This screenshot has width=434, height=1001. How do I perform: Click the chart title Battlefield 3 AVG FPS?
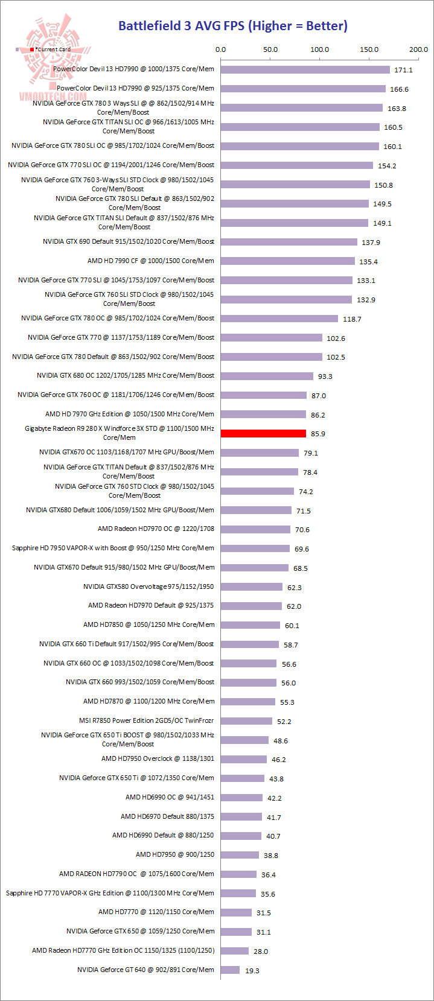point(232,26)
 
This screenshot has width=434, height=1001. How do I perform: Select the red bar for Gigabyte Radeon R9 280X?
point(263,433)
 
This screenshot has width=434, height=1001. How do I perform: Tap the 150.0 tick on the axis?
point(369,49)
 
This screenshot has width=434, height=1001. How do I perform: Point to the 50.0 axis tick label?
point(270,49)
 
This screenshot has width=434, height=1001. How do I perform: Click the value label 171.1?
point(403,70)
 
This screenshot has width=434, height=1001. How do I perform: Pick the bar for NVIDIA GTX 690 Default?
point(289,242)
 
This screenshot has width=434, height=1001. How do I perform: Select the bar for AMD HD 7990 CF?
point(288,261)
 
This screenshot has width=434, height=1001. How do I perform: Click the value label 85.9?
point(318,434)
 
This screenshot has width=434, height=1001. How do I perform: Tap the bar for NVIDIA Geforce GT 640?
point(230,970)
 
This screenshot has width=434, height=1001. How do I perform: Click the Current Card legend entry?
point(51,49)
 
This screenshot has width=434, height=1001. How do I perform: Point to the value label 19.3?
point(252,970)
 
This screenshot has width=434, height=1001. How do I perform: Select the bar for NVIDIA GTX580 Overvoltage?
point(252,586)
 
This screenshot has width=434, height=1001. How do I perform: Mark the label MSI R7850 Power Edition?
point(146,720)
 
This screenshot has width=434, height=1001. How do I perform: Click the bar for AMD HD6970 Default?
point(241,816)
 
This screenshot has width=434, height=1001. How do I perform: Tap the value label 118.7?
point(352,319)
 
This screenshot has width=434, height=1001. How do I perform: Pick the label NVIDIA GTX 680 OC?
point(126,375)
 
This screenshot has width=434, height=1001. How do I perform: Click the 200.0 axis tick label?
point(418,49)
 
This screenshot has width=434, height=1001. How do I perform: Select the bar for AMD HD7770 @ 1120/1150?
point(236,912)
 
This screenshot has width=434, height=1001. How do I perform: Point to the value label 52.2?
point(284,722)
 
